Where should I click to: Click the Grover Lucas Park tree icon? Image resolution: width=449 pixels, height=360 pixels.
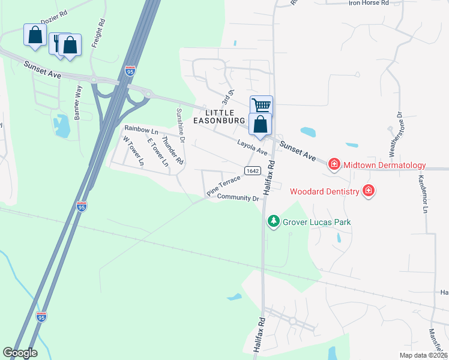point(274,222)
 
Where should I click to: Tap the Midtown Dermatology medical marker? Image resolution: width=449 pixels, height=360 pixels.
point(334,164)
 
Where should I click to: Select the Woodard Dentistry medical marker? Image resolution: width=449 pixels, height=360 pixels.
point(369,191)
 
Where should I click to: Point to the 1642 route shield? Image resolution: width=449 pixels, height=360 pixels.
point(252,171)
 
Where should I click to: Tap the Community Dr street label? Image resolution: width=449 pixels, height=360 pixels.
point(238,197)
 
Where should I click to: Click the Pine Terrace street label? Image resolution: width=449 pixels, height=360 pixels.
point(223,185)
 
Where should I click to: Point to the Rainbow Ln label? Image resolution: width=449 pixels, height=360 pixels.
point(141,130)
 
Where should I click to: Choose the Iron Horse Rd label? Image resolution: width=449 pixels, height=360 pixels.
point(369,3)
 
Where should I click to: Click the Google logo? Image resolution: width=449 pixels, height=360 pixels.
point(20,353)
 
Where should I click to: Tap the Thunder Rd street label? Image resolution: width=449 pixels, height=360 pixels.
point(172,151)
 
